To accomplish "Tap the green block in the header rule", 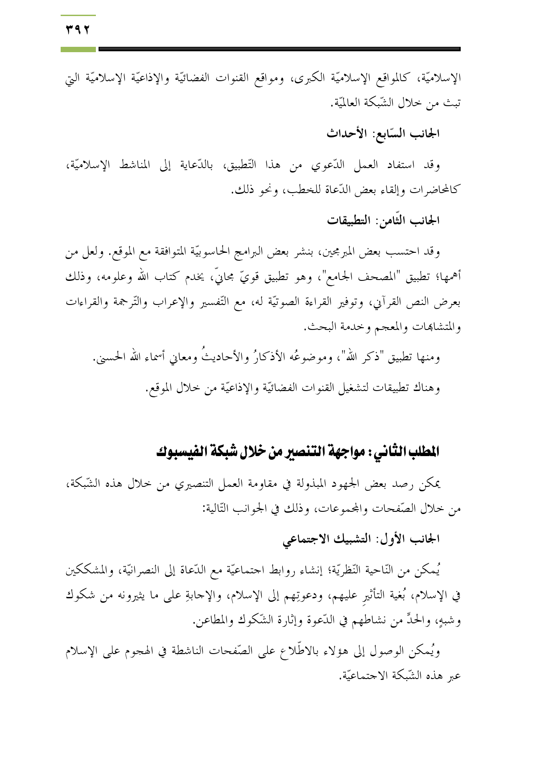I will click(78, 49).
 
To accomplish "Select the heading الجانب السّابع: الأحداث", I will click(383, 133).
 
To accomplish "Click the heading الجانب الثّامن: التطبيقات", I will click(383, 220).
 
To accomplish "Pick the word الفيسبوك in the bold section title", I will click(177, 452).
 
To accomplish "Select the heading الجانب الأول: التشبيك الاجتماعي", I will click(361, 539).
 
